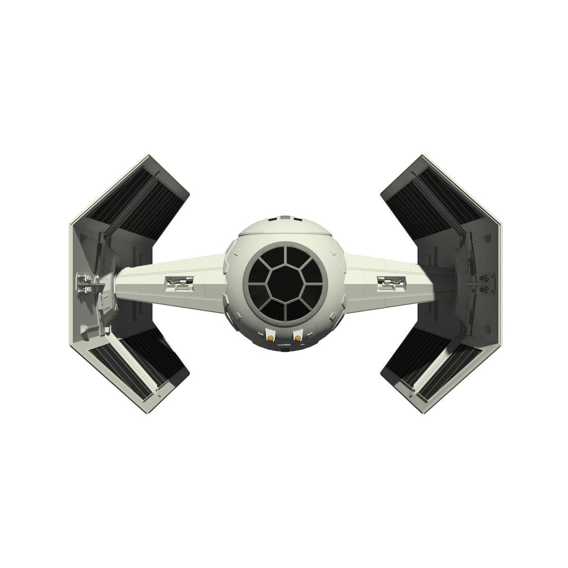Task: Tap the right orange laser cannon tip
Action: coord(297,338)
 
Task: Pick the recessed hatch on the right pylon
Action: coord(390,283)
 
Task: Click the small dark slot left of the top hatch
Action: coord(272,220)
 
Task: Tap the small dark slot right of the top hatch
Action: coord(296,220)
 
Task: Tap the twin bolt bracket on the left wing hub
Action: coord(84,283)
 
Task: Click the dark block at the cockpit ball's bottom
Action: coord(284,351)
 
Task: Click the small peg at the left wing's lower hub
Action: coord(84,327)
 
